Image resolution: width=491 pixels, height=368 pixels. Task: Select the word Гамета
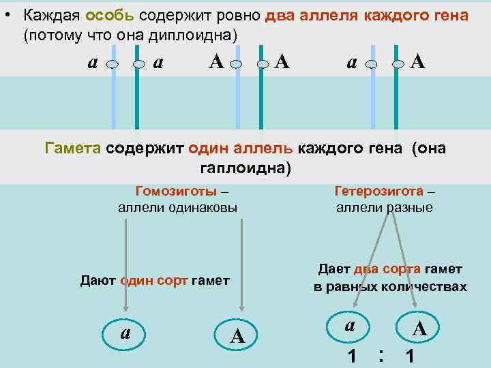(73, 149)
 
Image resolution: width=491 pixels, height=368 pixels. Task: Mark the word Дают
(98, 280)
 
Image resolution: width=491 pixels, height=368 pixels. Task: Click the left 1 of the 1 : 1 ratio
(352, 355)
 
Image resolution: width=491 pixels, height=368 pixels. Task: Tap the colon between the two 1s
(381, 354)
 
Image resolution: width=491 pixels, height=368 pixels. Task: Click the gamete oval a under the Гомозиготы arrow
(127, 332)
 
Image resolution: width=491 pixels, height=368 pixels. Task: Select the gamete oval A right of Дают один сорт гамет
(237, 335)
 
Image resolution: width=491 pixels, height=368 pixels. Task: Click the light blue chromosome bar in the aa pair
(114, 95)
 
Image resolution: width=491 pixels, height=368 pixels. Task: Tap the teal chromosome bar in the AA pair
(261, 95)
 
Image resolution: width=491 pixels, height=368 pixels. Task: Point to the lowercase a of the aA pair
(351, 63)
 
